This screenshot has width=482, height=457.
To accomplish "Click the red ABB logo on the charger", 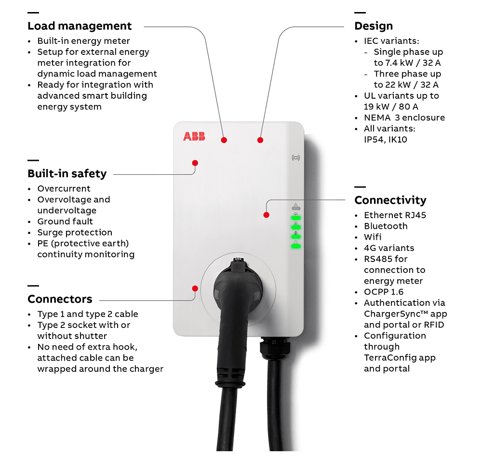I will pos(194,136).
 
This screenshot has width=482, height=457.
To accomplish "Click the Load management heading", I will pos(80,26).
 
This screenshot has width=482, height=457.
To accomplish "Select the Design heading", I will pos(374,26).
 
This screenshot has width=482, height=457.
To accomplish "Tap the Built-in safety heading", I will pos(67,173).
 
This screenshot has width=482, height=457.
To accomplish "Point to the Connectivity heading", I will pos(390,200).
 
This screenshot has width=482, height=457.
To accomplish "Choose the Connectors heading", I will pos(60,299).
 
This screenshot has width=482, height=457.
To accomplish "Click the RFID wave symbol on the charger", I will pos(295,157).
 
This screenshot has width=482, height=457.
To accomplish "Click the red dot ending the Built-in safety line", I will pos(195,163).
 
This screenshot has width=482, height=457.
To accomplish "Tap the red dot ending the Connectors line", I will pos(195,288).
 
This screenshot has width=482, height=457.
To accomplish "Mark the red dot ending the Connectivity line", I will pos(266,215).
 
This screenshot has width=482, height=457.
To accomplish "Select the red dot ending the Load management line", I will pos(224,140).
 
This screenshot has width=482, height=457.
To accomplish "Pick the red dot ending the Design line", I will pos(260,140).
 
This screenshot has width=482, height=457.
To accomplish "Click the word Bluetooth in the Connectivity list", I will pos(386,226).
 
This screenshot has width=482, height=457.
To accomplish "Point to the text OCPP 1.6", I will pos(384,292).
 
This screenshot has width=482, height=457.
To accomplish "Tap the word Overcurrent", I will pos(64,189).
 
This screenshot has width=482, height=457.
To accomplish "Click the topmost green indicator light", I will pos(295,218).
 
